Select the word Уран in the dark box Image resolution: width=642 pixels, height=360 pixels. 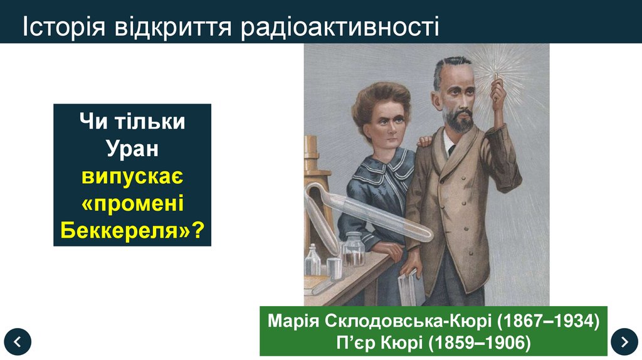[132, 149]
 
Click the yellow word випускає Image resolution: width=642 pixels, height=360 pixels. [132, 176]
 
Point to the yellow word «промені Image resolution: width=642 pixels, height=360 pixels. [132, 204]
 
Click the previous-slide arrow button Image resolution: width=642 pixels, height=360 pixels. [17, 342]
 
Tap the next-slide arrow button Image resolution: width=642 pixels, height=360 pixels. [624, 342]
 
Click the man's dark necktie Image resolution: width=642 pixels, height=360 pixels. [450, 151]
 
